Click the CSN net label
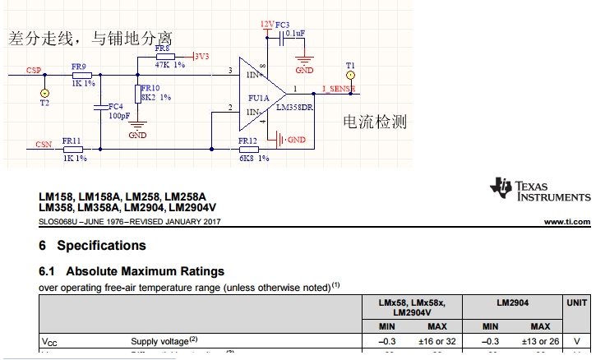[44, 145]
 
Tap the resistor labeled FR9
[81, 74]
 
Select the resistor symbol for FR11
[72, 149]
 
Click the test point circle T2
[44, 93]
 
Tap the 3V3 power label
[200, 56]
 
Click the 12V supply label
[266, 25]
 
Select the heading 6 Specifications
[92, 245]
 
